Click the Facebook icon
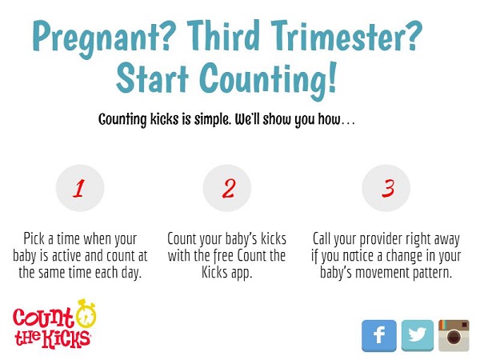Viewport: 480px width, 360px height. pos(379,335)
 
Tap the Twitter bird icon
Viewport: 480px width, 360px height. pos(418,335)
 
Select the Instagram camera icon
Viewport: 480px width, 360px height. pos(454,335)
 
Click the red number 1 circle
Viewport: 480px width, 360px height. pos(80,188)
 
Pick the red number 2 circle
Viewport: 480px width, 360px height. pos(227,188)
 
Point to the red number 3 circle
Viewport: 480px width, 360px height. pos(386,188)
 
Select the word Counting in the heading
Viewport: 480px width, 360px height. pos(268,80)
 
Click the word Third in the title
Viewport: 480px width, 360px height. pos(223,35)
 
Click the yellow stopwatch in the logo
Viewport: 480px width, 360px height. pos(86,314)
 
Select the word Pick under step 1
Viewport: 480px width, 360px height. pos(34,238)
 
